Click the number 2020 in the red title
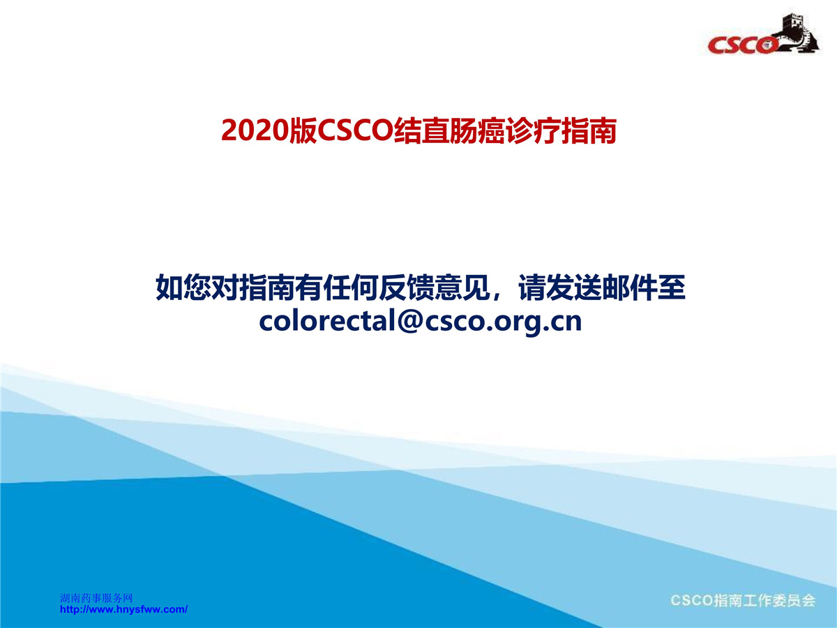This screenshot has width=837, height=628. coord(255,130)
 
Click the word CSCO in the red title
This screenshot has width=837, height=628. coord(356,130)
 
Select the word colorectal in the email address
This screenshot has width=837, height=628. coord(328,321)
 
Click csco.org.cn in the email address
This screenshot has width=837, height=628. coord(504,322)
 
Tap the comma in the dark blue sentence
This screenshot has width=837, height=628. coord(497,295)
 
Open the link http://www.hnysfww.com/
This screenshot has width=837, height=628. coord(123,609)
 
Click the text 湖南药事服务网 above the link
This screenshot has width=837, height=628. coord(96,598)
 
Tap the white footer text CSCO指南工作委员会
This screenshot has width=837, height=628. coord(743,601)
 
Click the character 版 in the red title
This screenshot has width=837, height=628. coord(303,130)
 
